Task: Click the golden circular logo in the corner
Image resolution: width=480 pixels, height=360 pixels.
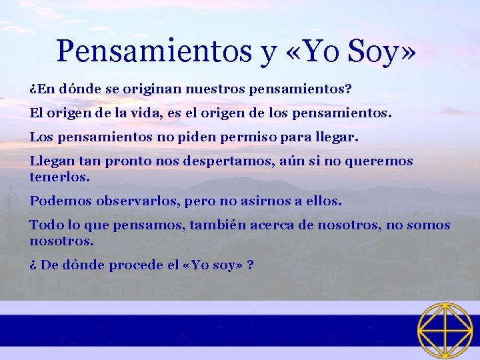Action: pyautogui.click(x=445, y=330)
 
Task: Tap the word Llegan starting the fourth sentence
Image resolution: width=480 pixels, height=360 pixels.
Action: pyautogui.click(x=52, y=161)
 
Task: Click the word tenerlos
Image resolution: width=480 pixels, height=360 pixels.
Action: pyautogui.click(x=60, y=178)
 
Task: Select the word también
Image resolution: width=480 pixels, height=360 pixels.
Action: pyautogui.click(x=219, y=225)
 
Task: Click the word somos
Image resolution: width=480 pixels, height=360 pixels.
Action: pyautogui.click(x=428, y=225)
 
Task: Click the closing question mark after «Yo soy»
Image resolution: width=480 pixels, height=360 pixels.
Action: pyautogui.click(x=249, y=265)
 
